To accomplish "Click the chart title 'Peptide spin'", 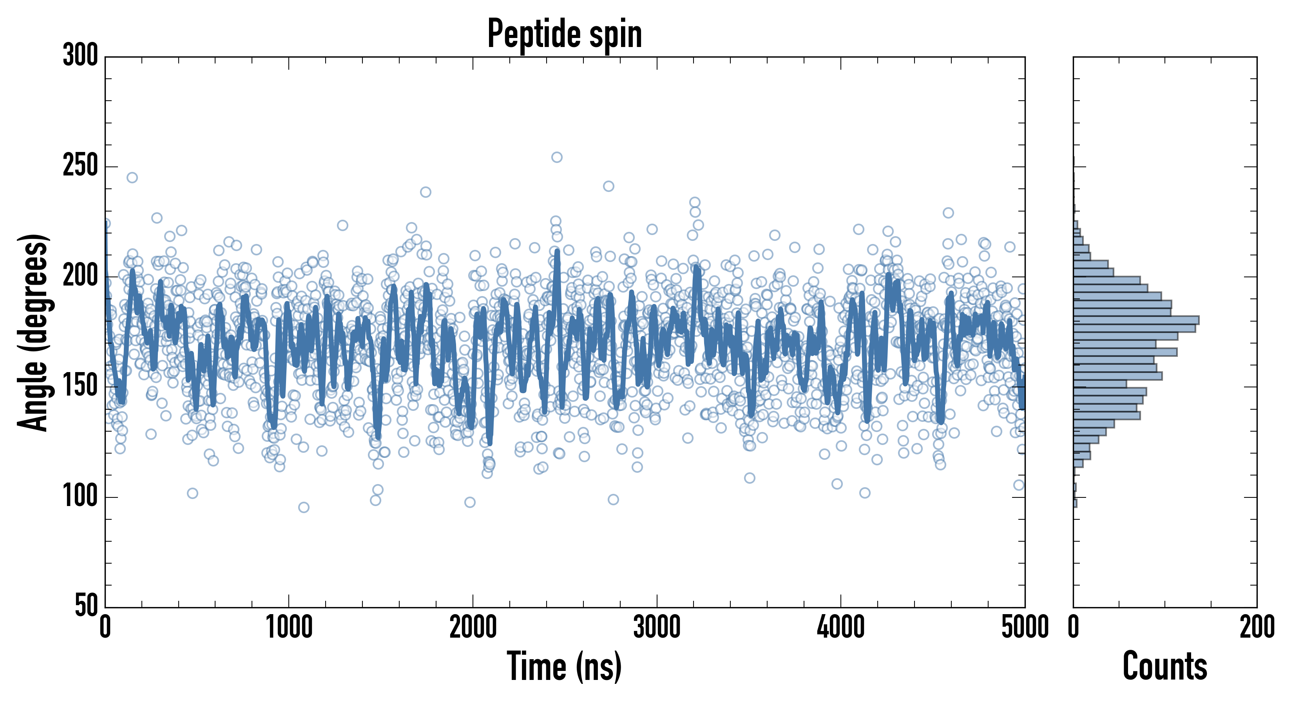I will pyautogui.click(x=565, y=34).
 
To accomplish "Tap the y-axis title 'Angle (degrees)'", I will pyautogui.click(x=33, y=332).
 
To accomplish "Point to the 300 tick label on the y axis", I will pyautogui.click(x=80, y=56).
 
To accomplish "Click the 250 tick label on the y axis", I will pyautogui.click(x=80, y=166).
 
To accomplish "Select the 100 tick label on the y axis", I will pyautogui.click(x=80, y=497).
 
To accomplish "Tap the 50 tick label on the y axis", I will pyautogui.click(x=86, y=606).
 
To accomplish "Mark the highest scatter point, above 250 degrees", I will pyautogui.click(x=557, y=157).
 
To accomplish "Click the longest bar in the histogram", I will pyautogui.click(x=1136, y=320).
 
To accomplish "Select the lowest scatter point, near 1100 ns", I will pyautogui.click(x=304, y=507).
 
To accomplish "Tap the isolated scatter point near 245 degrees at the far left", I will pyautogui.click(x=132, y=178).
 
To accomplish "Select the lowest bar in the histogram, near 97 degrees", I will pyautogui.click(x=1075, y=503).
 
